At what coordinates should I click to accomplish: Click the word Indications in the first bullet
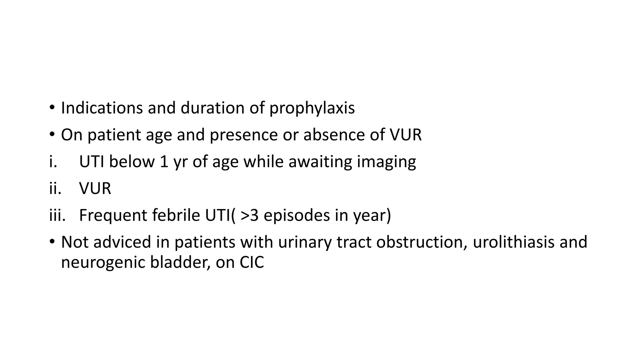[x=102, y=108]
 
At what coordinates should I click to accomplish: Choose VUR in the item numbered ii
[x=95, y=189]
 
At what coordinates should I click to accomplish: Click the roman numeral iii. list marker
[x=57, y=215]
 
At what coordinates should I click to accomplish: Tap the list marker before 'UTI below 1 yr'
[x=53, y=162]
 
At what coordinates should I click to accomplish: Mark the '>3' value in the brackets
[x=250, y=216]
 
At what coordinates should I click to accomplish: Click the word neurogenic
[x=103, y=263]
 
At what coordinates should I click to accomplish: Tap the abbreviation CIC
[x=252, y=262]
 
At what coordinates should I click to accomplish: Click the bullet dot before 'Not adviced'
[x=52, y=242]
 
